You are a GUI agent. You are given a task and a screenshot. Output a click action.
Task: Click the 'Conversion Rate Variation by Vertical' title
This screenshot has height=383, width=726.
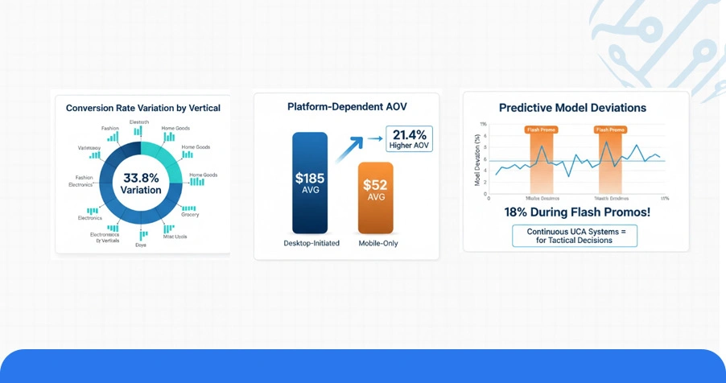coord(142,108)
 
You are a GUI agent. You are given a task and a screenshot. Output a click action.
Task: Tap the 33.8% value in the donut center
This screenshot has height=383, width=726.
coord(141,178)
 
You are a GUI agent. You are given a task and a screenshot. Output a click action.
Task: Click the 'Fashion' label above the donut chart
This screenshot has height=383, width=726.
coord(109,128)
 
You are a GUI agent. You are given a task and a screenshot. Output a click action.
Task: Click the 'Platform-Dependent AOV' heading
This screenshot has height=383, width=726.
coord(346,106)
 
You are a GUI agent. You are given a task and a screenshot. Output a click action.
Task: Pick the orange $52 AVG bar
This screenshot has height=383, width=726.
coord(376,196)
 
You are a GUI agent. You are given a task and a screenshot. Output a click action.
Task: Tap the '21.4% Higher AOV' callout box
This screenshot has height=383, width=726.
coord(409,139)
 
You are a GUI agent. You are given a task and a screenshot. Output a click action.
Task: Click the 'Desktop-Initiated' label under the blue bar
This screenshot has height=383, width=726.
coord(311,243)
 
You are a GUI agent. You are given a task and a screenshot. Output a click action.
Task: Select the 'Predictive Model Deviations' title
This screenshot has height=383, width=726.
coord(572,107)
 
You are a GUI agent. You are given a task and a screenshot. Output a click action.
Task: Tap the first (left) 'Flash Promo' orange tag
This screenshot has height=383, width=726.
coord(540,129)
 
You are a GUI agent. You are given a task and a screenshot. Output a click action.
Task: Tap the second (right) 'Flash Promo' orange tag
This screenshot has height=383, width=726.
coord(609,129)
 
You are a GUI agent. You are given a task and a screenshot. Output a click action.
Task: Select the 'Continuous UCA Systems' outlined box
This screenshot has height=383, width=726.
coord(575,235)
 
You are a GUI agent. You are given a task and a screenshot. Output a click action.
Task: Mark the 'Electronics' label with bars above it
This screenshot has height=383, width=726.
coord(89,218)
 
